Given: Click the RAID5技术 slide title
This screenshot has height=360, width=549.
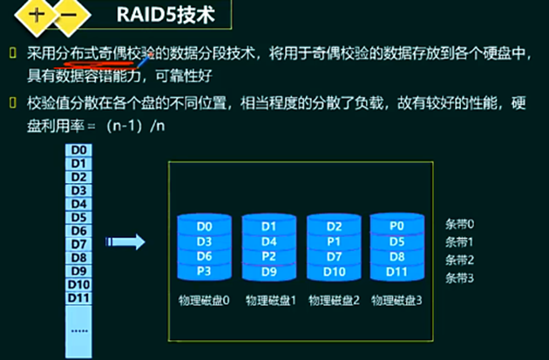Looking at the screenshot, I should [x=165, y=17].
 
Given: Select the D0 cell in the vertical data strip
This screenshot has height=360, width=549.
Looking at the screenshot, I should [x=78, y=149].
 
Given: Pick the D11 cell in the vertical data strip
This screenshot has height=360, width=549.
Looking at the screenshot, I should [x=78, y=299].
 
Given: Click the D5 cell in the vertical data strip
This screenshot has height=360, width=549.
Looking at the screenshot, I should [x=78, y=217].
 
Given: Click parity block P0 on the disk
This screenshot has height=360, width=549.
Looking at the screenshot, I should [x=396, y=226].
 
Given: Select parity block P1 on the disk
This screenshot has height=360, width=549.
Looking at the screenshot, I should [x=332, y=241].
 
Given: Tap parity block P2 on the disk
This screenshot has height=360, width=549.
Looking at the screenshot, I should [x=268, y=255].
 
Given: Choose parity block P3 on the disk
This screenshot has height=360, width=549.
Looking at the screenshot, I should [x=203, y=270].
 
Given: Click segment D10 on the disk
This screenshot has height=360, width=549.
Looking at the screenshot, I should [x=332, y=270].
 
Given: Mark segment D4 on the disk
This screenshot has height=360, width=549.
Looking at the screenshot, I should [x=268, y=241].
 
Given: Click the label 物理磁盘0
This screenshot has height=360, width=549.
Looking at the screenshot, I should [x=203, y=300].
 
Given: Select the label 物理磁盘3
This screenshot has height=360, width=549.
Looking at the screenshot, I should [x=396, y=300].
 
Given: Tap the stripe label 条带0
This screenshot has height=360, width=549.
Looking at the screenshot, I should [x=460, y=224].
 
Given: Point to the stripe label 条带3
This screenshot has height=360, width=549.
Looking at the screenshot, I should [x=460, y=277].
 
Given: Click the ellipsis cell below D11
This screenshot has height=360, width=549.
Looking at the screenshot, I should [x=78, y=331].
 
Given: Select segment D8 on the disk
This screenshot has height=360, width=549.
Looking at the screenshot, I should [x=396, y=255].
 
